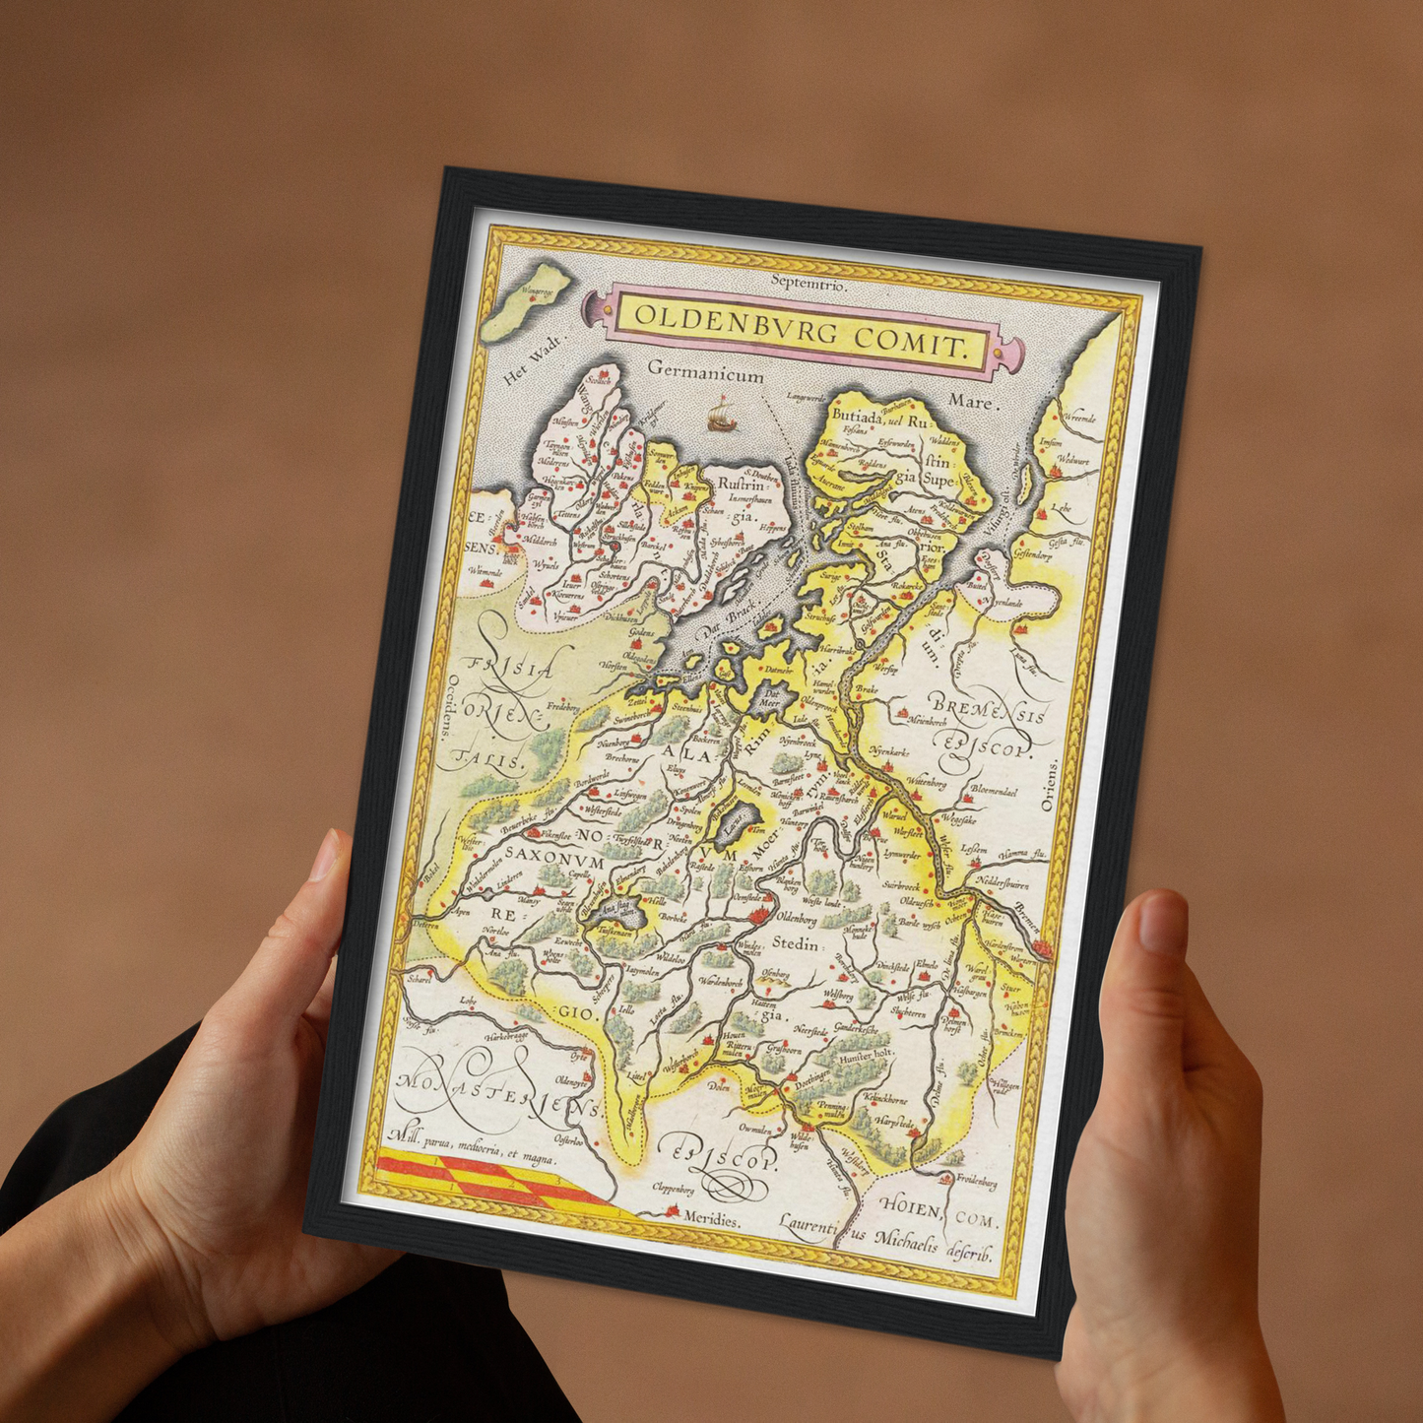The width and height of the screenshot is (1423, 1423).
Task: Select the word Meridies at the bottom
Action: [x=710, y=1219]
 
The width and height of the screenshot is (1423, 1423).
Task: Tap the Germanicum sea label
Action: [x=706, y=373]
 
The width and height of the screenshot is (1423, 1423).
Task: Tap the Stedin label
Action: [x=795, y=943]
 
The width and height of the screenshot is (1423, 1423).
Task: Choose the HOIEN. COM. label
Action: [x=939, y=1210]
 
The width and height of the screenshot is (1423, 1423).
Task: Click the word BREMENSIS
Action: [x=988, y=709]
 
